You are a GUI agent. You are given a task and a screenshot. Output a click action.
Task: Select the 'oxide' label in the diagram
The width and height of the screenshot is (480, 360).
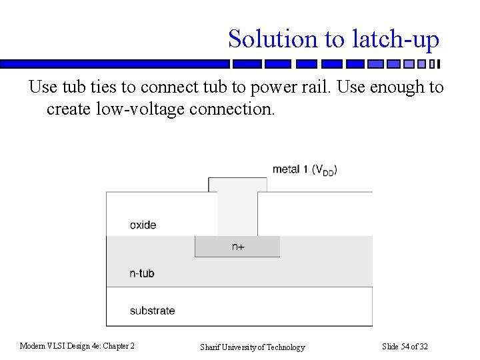point(143,225)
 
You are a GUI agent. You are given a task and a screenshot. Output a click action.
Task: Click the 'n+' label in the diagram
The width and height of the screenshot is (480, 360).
point(238,247)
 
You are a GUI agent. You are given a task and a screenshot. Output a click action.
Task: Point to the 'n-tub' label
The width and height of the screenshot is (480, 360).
point(142,273)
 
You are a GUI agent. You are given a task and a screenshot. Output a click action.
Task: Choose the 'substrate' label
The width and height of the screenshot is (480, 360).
point(152,310)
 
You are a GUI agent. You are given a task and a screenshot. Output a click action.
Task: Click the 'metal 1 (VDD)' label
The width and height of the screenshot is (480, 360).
point(305,169)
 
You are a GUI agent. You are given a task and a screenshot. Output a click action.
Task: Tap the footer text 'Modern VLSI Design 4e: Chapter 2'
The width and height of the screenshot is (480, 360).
point(77,346)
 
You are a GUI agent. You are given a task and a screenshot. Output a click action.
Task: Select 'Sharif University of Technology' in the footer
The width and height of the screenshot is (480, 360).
point(253,347)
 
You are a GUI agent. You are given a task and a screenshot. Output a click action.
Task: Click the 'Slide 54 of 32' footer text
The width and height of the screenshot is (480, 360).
point(405,346)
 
